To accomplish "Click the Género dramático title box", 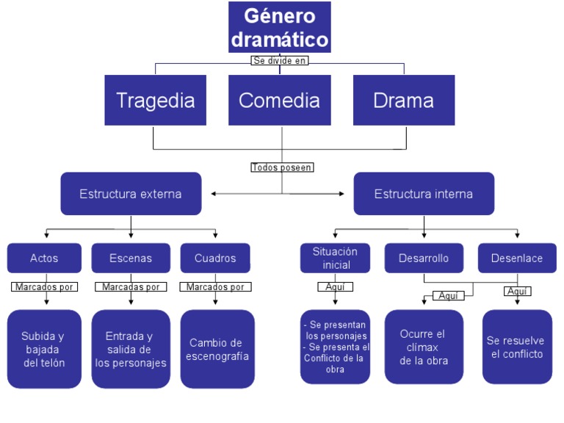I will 279,27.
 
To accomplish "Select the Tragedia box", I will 155,100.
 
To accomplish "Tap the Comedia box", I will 279,100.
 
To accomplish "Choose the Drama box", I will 403,100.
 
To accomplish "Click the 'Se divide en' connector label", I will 279,61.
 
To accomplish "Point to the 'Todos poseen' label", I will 282,167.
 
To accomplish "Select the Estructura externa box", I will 131,194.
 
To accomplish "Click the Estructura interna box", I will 424,194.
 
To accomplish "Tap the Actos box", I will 44,258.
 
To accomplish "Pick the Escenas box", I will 131,258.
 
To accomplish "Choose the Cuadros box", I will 215,258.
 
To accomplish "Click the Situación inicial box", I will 336,258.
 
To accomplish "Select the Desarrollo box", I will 424,258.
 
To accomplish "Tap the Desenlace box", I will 517,258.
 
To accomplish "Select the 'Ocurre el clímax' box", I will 424,347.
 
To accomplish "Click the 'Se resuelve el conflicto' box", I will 517,347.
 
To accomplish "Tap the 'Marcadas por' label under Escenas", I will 131,287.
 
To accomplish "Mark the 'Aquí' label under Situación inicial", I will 335,287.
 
